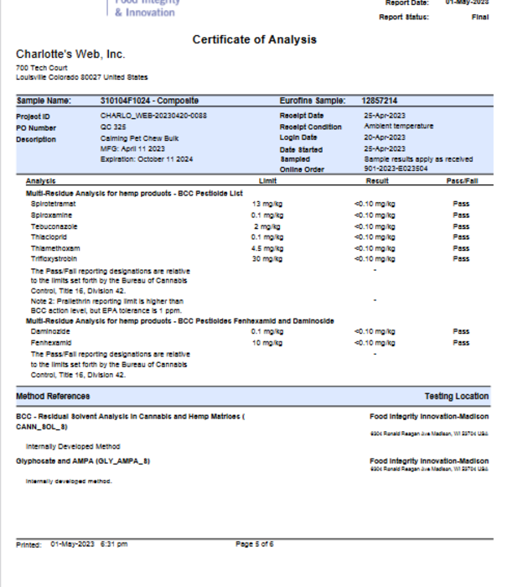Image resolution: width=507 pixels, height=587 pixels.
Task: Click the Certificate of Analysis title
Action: pyautogui.click(x=255, y=39)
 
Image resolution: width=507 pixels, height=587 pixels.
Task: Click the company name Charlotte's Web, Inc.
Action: pyautogui.click(x=70, y=55)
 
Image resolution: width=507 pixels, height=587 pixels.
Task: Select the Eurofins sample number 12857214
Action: pyautogui.click(x=380, y=101)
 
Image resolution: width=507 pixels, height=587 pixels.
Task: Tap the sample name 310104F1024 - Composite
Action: pyautogui.click(x=149, y=101)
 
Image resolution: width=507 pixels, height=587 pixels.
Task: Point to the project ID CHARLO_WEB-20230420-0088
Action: pyautogui.click(x=153, y=116)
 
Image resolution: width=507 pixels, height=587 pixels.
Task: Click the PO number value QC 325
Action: pyautogui.click(x=112, y=127)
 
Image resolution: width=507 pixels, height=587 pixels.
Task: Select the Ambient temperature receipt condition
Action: pyautogui.click(x=398, y=127)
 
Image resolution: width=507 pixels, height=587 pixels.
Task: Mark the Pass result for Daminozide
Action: pyautogui.click(x=461, y=332)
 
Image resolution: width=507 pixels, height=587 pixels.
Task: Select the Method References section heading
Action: pyautogui.click(x=53, y=396)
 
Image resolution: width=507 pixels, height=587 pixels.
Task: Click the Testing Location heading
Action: pyautogui.click(x=457, y=396)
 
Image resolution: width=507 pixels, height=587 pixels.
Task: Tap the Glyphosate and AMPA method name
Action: pyautogui.click(x=83, y=460)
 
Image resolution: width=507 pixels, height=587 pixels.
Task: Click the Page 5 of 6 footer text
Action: pyautogui.click(x=255, y=544)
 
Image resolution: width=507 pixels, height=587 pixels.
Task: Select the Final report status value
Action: pyautogui.click(x=480, y=17)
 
